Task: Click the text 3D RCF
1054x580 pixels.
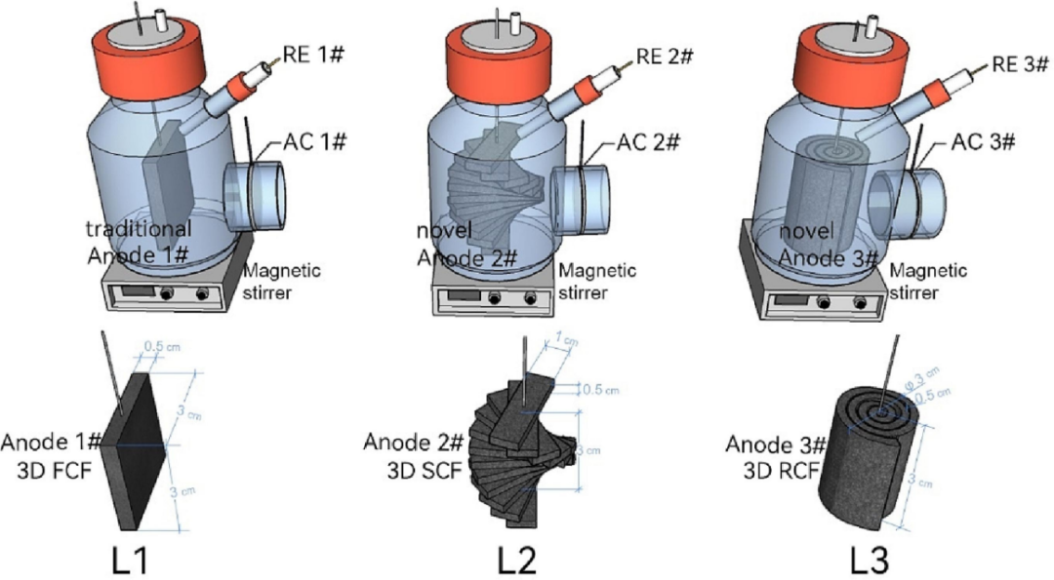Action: pyautogui.click(x=771, y=470)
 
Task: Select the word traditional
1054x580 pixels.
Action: pyautogui.click(x=139, y=231)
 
